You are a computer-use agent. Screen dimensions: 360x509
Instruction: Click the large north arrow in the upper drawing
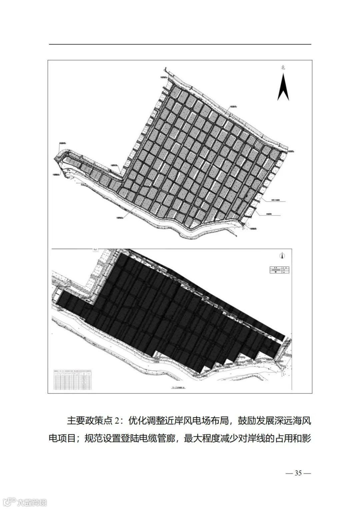(x=283, y=87)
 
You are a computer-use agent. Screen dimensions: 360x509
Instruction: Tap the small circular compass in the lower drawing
(x=283, y=256)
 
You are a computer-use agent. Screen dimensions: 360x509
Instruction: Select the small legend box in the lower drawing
(x=279, y=270)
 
